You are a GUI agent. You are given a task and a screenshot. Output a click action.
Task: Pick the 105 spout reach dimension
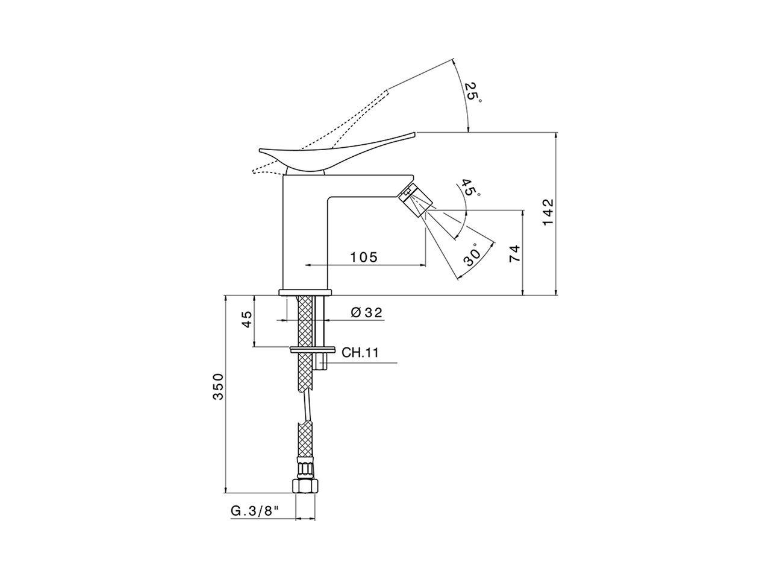[x=364, y=257]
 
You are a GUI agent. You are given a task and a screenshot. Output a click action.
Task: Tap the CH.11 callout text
[x=360, y=353]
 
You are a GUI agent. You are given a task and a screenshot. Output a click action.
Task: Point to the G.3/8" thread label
[x=255, y=511]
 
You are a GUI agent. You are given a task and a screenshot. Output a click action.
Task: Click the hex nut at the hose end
[x=305, y=486]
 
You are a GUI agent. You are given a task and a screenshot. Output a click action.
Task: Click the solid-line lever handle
[x=325, y=154]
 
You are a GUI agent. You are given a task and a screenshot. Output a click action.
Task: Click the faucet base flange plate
[x=305, y=293]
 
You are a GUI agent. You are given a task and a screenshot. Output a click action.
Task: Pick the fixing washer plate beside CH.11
[x=313, y=349]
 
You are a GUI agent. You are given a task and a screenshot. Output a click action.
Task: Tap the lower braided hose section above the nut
[x=305, y=440]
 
